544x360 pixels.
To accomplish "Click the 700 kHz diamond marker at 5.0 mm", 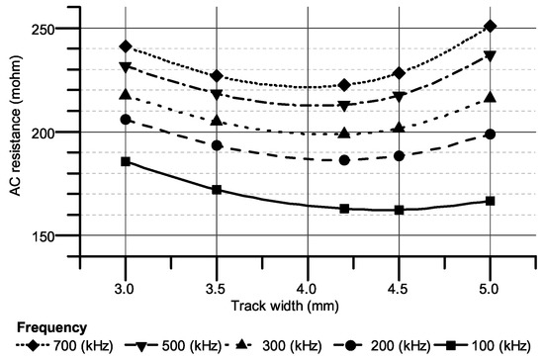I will (491, 26).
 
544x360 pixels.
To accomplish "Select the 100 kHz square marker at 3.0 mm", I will (126, 161).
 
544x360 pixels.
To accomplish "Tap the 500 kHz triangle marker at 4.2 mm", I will (344, 106).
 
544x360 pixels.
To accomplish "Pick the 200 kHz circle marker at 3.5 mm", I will (217, 145).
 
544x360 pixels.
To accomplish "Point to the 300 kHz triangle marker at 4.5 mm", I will (399, 128).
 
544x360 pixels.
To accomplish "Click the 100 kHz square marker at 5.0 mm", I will (491, 201).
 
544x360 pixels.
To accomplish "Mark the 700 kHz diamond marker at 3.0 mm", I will (126, 46).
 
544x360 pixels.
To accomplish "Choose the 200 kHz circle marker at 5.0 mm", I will (491, 135).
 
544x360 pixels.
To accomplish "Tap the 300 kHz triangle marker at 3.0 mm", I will (126, 94).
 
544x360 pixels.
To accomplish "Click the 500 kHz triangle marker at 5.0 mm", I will (491, 56).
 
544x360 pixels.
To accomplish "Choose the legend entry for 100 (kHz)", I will (504, 345).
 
